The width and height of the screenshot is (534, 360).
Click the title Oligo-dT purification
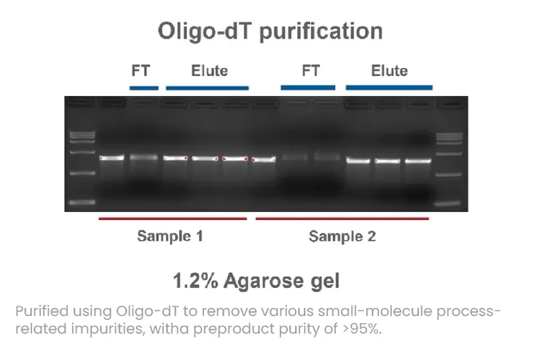(x=269, y=31)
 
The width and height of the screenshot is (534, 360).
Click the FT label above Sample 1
(x=140, y=70)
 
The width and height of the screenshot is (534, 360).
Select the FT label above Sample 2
(x=311, y=70)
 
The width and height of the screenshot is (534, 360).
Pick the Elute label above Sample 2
(x=389, y=70)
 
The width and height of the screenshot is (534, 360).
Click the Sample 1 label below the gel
(x=169, y=236)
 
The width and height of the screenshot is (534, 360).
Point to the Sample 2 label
(x=342, y=236)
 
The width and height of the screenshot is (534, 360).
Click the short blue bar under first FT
(x=143, y=87)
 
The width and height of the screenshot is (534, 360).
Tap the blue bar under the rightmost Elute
(x=389, y=86)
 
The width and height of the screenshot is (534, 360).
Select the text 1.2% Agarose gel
(x=256, y=281)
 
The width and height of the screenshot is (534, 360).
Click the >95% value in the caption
(x=364, y=327)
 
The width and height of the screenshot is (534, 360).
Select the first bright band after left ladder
(x=110, y=158)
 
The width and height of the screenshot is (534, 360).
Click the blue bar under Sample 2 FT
(x=311, y=87)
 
